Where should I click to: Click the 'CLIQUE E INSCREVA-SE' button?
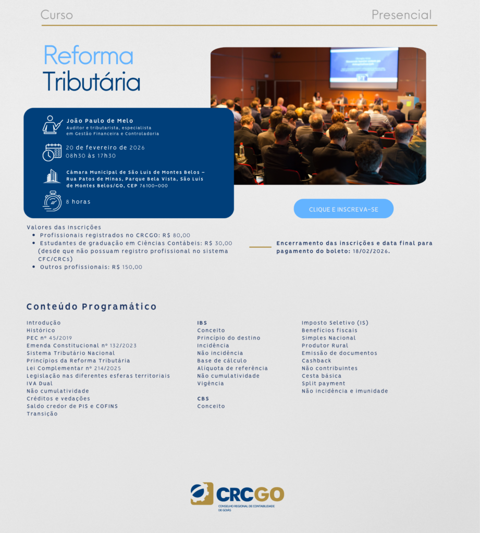[343, 209]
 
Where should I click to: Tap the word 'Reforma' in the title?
[88, 55]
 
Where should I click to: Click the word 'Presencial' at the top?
[401, 15]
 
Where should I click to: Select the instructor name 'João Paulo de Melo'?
[100, 121]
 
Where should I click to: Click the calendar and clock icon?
[52, 152]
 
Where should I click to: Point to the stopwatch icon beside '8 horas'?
[52, 201]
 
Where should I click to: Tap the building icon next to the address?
[52, 176]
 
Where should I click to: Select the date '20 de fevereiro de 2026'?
[105, 147]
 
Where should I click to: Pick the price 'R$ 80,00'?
[176, 235]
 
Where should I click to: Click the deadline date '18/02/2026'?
[371, 251]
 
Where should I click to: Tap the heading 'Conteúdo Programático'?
[92, 307]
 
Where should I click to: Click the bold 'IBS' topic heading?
[202, 323]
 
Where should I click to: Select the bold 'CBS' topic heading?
[203, 399]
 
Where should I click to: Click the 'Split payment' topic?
[324, 384]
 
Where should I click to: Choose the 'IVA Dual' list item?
[40, 384]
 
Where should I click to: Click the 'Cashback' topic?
[316, 361]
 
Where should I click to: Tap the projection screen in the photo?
[364, 68]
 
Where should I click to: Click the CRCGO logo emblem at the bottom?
[202, 493]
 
